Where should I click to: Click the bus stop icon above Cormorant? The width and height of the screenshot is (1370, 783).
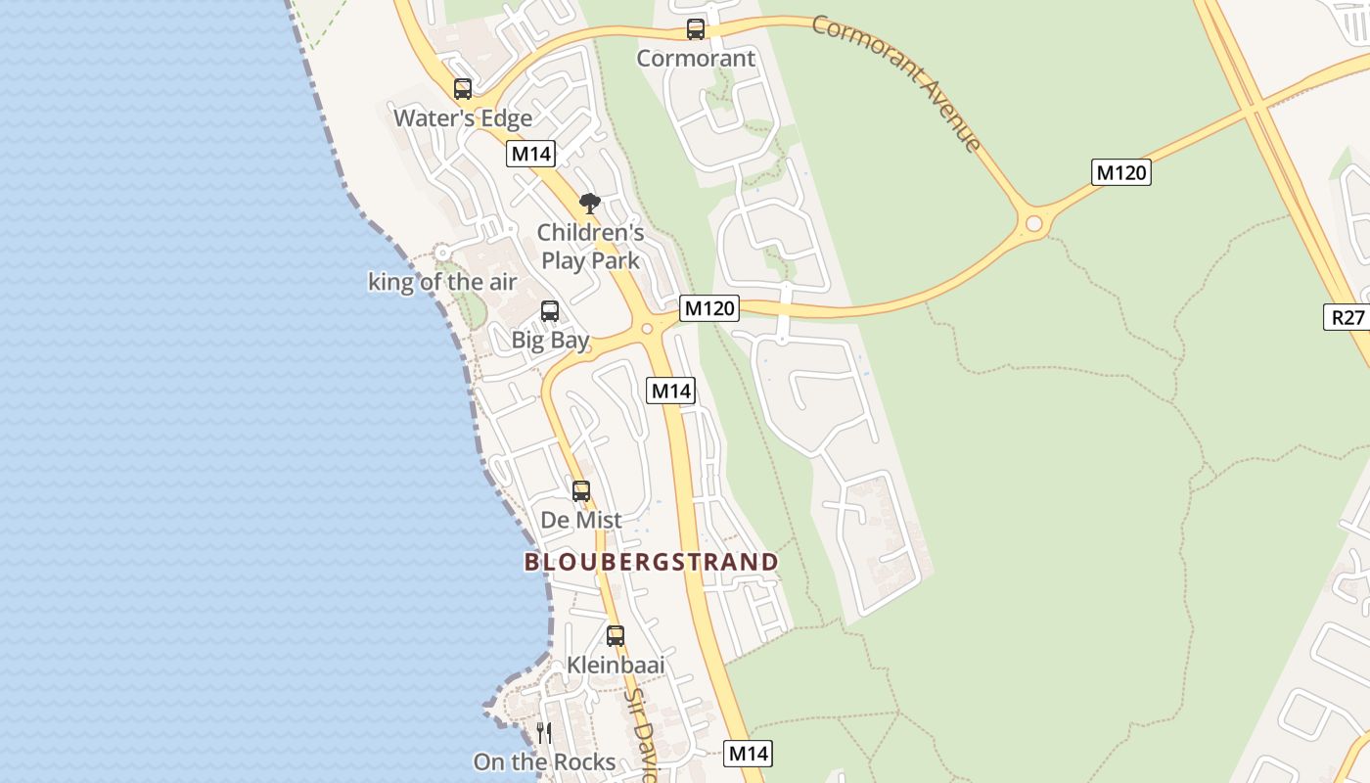(696, 29)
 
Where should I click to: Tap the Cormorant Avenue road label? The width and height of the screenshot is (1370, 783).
(896, 82)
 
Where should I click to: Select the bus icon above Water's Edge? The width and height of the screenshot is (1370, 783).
(463, 89)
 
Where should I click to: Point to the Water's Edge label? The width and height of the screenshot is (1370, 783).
(463, 118)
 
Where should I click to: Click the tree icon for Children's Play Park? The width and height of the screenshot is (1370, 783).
(589, 204)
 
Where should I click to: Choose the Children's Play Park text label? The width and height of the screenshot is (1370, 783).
(591, 247)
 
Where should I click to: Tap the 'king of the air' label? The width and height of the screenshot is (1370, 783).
(442, 283)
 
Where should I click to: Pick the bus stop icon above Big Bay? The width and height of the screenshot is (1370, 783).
(550, 311)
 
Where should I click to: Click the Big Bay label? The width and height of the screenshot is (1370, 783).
(551, 341)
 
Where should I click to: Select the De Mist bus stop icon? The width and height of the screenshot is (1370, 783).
(581, 491)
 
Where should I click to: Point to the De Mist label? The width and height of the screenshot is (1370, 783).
(581, 520)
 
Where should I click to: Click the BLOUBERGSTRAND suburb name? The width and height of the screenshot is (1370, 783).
(652, 562)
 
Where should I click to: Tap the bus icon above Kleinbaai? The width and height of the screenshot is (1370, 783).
(616, 636)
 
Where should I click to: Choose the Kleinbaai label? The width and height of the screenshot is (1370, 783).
(616, 666)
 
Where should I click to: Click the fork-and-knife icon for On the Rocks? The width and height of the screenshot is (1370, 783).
(544, 733)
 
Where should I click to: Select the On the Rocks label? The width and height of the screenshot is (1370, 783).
(544, 762)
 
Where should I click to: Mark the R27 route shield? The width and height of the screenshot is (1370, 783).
(1346, 316)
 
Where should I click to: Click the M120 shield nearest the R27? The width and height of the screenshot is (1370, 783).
(1120, 173)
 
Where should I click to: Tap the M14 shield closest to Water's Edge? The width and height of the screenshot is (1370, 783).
(531, 154)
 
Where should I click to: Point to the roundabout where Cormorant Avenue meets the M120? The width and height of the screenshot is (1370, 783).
(1033, 224)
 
